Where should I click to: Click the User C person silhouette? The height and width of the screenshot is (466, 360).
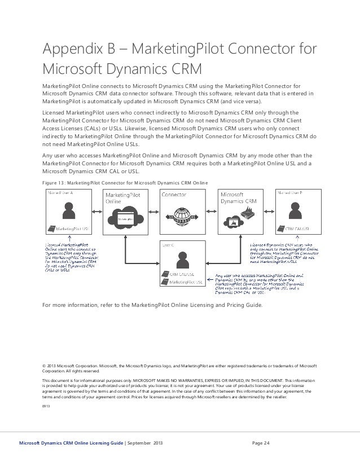181,259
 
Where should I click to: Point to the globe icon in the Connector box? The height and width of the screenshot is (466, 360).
181,216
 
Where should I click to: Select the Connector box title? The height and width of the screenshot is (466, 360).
175,195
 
